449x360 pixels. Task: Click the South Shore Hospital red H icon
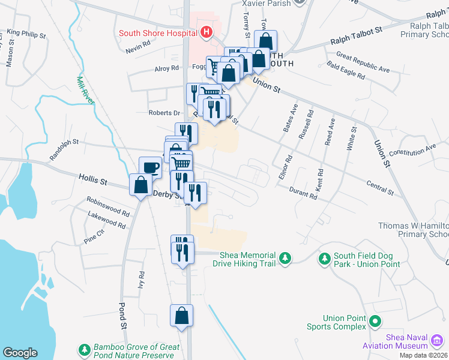206,32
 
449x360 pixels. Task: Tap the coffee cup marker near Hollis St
150,167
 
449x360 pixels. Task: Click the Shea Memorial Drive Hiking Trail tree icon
286,259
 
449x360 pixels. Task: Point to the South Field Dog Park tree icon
325,259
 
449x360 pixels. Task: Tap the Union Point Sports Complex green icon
376,322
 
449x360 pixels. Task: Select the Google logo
20,352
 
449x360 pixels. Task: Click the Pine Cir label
94,238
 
